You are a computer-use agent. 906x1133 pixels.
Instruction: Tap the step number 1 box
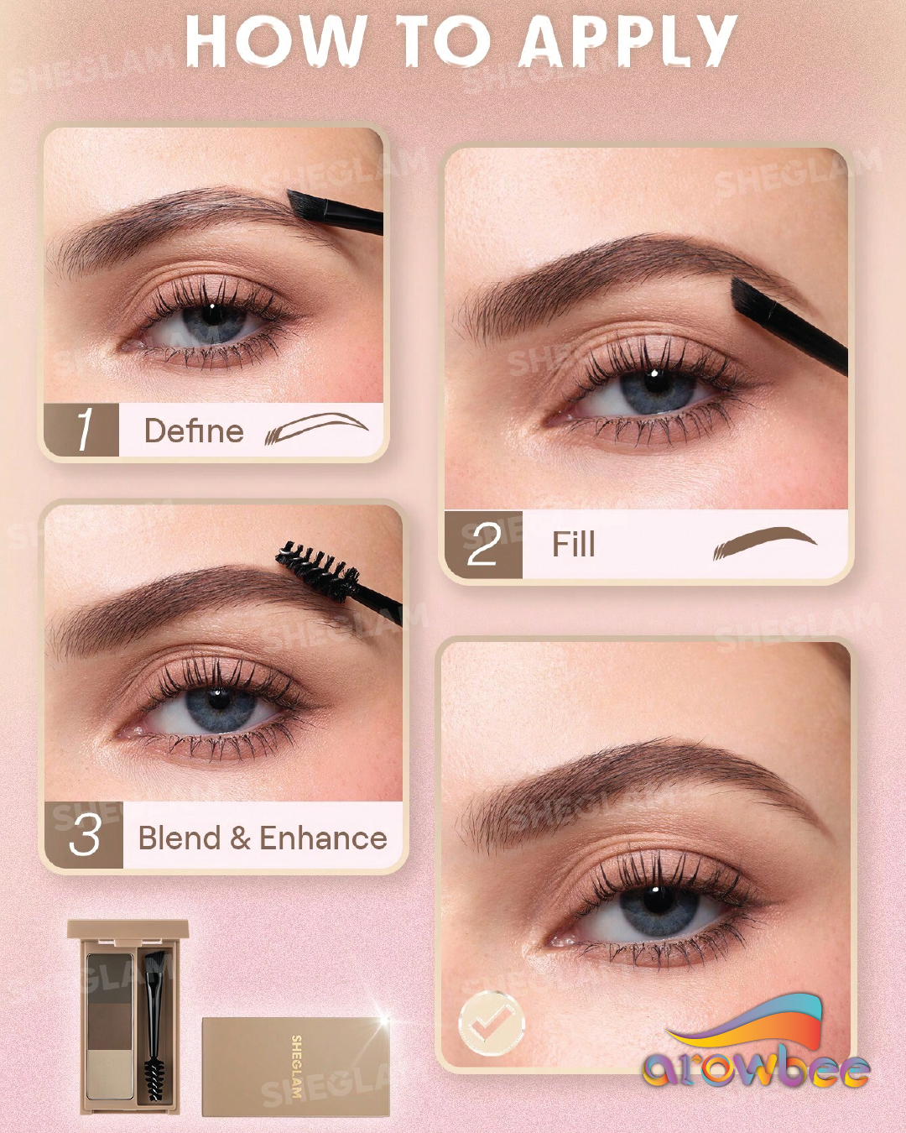[81, 430]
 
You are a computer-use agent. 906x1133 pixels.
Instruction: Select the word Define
[194, 431]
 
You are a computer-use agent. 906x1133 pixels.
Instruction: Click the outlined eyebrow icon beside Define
[316, 428]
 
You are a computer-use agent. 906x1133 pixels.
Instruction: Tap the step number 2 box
[483, 545]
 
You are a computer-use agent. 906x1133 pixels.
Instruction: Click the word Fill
[573, 545]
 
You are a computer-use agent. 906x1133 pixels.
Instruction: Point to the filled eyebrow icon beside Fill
[764, 543]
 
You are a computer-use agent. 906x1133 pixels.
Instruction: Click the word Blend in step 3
[179, 837]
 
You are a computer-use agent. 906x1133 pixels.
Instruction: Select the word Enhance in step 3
[323, 837]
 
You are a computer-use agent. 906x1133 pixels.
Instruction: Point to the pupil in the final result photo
[654, 902]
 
